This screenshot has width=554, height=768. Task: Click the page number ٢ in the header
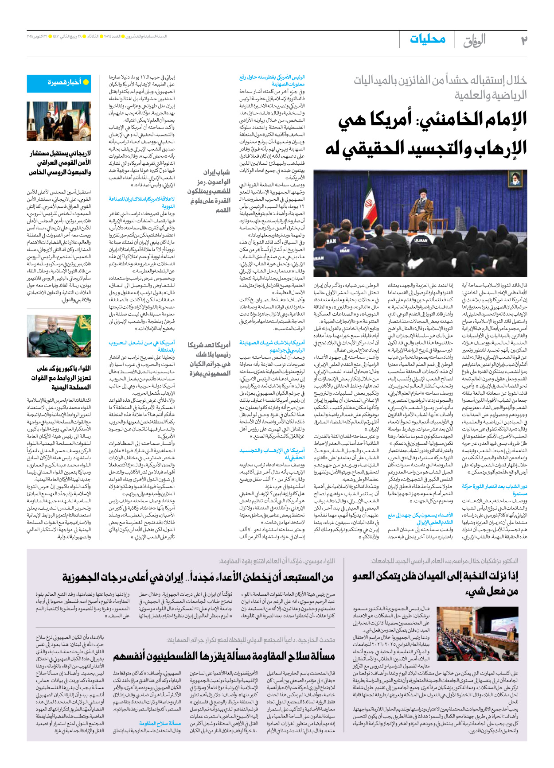(x=523, y=41)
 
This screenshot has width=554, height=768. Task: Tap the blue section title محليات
(x=427, y=39)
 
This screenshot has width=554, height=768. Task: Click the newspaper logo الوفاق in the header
(x=474, y=41)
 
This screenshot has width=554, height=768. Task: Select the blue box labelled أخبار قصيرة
(x=59, y=83)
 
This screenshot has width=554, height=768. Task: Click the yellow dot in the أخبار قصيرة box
(x=86, y=83)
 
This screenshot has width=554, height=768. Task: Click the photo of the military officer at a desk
(x=59, y=336)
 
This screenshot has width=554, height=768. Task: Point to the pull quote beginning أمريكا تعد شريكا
(x=210, y=359)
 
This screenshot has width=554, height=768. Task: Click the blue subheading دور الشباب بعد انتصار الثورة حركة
(x=494, y=489)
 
